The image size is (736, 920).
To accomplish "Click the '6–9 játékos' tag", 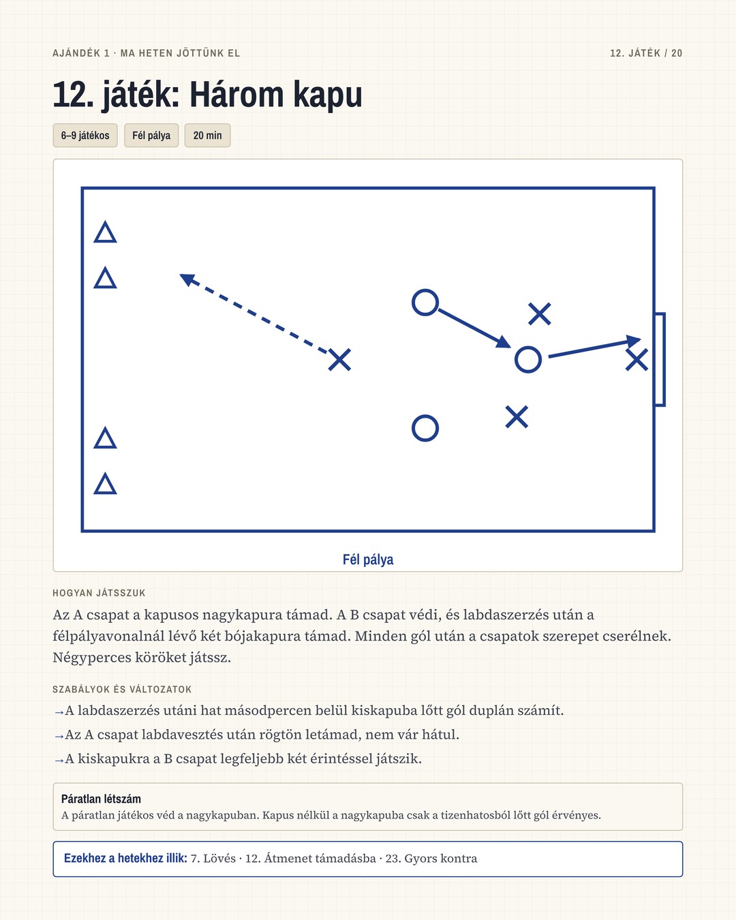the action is click(x=85, y=136).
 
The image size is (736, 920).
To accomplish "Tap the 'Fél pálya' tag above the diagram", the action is click(x=151, y=136).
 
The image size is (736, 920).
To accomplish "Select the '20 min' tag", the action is click(x=207, y=136).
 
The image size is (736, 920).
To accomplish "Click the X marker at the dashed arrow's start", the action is click(x=339, y=360).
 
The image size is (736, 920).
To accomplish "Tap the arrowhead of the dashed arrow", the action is click(x=187, y=279).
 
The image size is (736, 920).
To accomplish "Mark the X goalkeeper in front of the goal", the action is click(x=637, y=359).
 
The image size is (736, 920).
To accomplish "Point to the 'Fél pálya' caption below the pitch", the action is click(x=368, y=559).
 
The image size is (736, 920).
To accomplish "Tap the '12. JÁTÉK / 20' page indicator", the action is click(x=646, y=53).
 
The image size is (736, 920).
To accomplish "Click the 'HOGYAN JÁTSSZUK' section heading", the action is click(x=99, y=593).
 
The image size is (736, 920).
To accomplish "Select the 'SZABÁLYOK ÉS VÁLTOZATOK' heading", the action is click(x=122, y=689).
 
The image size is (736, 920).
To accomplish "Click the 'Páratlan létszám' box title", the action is click(x=101, y=799).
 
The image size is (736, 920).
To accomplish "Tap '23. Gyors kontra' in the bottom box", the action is click(x=431, y=859).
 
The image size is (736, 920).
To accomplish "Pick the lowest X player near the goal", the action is click(x=517, y=417).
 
